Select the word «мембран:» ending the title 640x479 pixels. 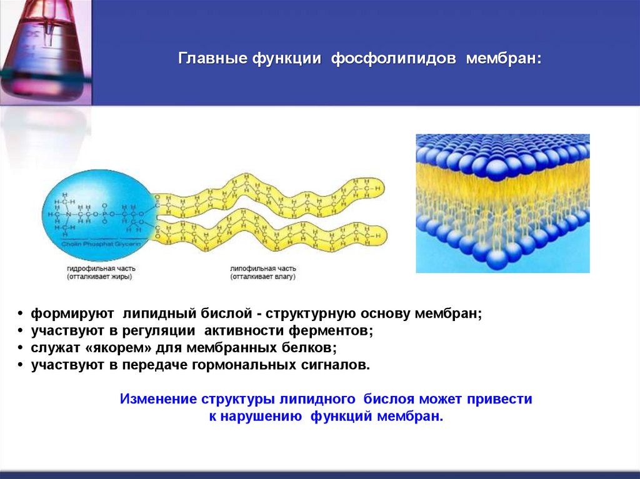tap(507, 59)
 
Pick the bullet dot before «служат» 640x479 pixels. tap(21, 348)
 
